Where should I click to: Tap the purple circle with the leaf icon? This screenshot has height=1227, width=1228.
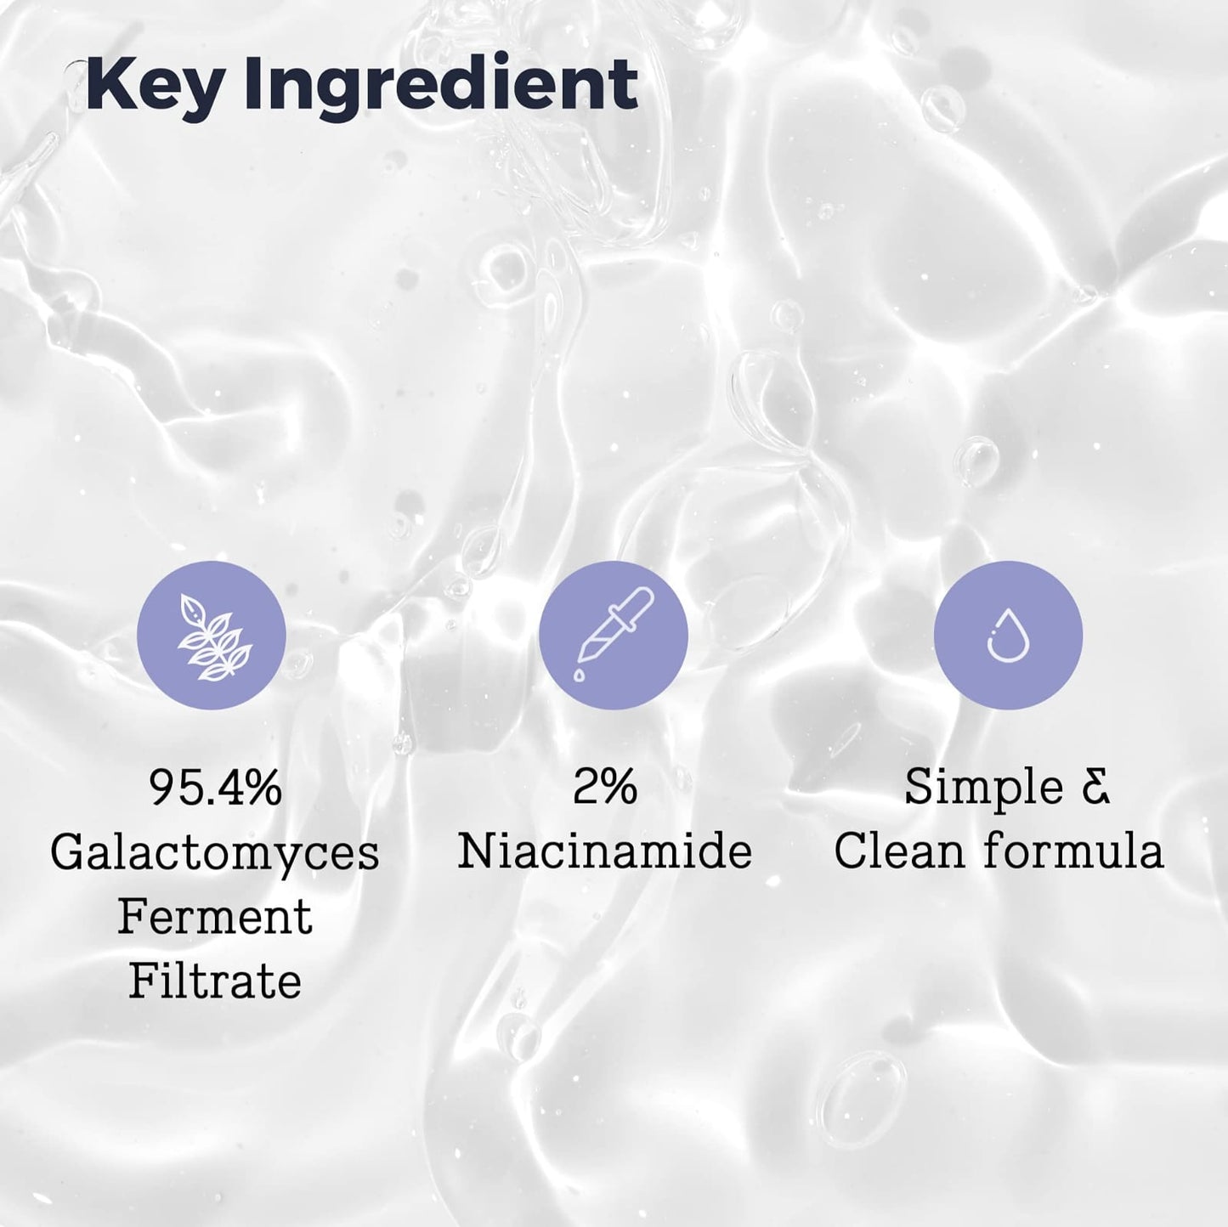coord(212,636)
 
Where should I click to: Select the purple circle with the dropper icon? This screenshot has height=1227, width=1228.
coord(614,636)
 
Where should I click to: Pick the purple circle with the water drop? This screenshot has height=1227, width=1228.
coord(1008,636)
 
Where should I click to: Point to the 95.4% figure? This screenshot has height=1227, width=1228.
coord(215,788)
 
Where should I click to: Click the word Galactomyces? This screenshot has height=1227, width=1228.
coord(215,852)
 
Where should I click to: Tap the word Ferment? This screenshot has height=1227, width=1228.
coord(215,918)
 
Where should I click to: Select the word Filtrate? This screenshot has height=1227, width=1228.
coord(215,982)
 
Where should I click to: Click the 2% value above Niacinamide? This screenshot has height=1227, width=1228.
coord(605,788)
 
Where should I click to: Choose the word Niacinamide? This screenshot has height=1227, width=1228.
coord(605,852)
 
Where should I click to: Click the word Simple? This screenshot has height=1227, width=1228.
coord(983,788)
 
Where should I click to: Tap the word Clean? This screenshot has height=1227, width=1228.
coord(900,852)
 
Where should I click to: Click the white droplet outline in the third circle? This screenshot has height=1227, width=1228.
coord(1008,636)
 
